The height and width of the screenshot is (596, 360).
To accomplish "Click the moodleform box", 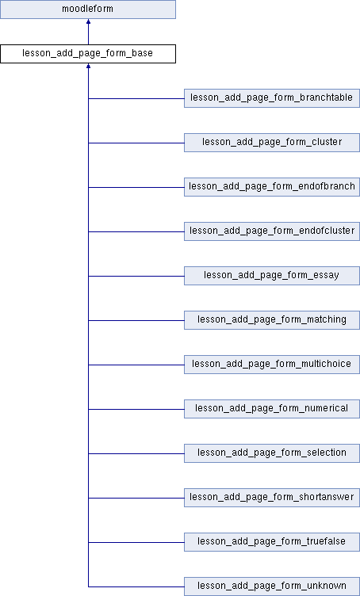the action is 88,10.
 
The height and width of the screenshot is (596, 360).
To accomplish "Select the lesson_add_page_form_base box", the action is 88,54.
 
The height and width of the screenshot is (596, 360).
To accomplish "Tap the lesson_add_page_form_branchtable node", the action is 272,98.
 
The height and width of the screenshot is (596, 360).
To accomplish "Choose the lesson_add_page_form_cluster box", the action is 272,143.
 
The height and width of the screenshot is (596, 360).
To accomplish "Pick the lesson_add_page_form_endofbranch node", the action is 272,186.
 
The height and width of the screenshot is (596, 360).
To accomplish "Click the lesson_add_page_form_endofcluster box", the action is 272,231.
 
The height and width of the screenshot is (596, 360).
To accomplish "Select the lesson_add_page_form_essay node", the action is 272,276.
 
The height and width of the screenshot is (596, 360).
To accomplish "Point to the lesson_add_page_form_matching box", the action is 272,320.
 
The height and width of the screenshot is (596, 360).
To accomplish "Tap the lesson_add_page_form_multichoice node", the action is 272,365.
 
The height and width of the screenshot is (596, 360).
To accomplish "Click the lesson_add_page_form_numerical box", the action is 272,409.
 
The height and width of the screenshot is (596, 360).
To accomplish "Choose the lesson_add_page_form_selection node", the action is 272,453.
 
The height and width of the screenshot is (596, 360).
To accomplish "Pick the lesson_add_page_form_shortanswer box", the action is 272,498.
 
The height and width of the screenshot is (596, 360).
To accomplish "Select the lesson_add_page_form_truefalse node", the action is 272,542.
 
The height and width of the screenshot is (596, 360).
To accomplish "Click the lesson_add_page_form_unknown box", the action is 272,586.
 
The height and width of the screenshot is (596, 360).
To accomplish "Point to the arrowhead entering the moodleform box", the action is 88,21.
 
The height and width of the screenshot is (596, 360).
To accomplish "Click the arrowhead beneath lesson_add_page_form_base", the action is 88,66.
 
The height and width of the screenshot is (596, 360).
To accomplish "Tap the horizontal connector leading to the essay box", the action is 136,276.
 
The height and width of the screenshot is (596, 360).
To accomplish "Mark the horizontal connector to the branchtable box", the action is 136,98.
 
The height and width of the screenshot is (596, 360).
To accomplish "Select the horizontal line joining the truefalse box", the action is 136,542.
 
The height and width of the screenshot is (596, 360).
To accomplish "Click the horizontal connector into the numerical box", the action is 136,410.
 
